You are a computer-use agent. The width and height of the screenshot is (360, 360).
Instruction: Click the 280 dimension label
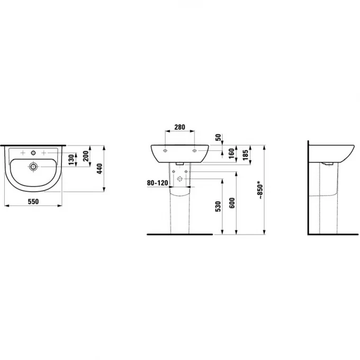pos(179,127)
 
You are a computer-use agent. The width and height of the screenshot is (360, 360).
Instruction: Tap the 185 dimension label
pos(245,155)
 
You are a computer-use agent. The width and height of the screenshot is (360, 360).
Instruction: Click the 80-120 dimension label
pos(157,183)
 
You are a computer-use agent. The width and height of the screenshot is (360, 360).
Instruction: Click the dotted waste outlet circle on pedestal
pos(181,178)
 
